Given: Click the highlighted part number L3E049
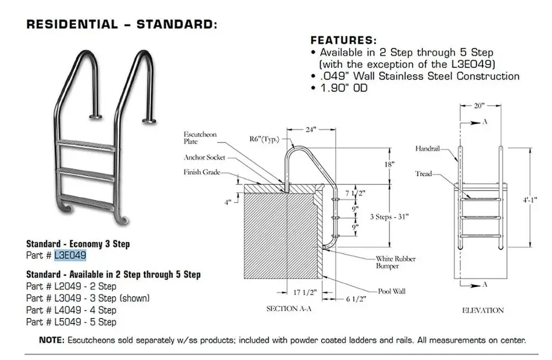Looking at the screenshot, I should point(70,255).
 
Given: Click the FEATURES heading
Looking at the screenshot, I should point(344,40).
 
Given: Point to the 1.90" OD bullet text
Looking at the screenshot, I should point(344,88).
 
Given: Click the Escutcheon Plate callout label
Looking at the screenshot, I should point(201,138).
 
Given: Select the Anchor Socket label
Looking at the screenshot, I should point(204,157).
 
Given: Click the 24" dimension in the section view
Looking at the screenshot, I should point(311,130).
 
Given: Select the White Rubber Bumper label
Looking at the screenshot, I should point(396,262).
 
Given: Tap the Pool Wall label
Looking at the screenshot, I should point(391,290).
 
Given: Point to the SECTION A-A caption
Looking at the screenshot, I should point(289,309).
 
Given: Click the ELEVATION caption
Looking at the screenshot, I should point(482,310).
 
